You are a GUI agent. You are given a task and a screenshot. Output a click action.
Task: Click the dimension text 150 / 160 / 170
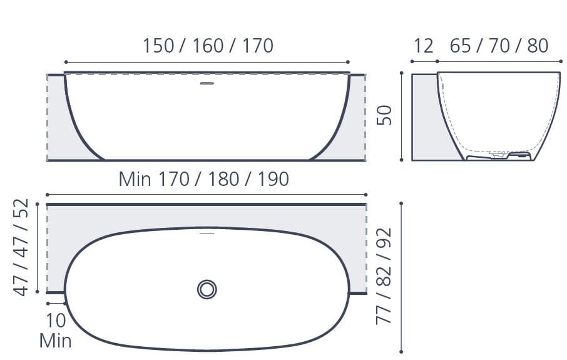click(x=208, y=46)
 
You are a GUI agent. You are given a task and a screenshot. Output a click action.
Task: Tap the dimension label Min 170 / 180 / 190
click(x=204, y=180)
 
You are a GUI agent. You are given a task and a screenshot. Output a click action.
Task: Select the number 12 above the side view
click(x=424, y=46)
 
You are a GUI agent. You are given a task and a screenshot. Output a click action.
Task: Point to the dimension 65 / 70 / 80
click(x=499, y=46)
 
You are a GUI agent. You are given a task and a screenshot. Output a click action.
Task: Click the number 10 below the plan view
click(x=56, y=321)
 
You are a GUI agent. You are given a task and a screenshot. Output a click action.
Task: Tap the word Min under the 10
click(x=55, y=341)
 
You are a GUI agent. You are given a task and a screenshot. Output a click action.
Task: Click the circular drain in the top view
click(x=207, y=289)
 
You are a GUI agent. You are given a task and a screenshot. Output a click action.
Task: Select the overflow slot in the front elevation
click(x=207, y=83)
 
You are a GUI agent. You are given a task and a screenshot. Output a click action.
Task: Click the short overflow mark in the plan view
click(x=207, y=234)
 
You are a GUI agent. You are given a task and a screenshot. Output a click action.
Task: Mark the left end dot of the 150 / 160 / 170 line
click(x=66, y=62)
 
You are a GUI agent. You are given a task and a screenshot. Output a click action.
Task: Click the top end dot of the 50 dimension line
click(x=401, y=73)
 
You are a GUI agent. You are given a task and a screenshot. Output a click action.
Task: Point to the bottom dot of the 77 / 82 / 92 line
click(x=401, y=351)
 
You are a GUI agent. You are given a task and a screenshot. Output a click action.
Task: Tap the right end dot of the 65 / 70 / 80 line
click(x=559, y=62)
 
